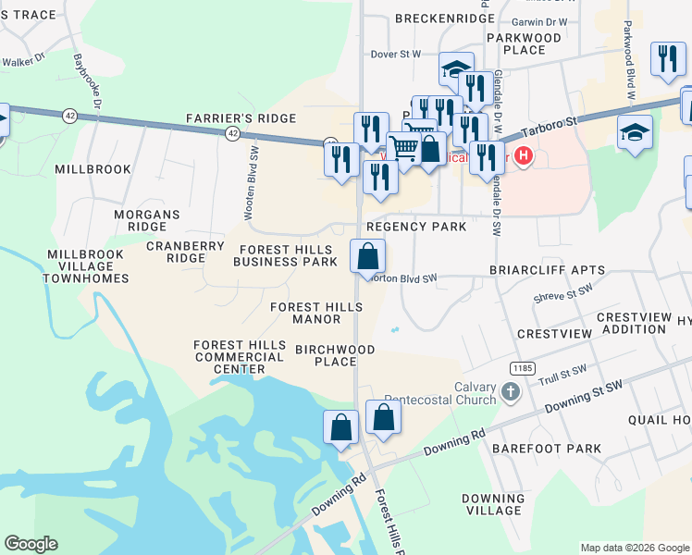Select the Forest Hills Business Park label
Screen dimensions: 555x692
pyautogui.click(x=285, y=256)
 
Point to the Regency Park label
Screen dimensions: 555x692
pyautogui.click(x=415, y=227)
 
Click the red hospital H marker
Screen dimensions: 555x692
pyautogui.click(x=524, y=155)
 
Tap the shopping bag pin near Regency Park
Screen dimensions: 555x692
pyautogui.click(x=367, y=255)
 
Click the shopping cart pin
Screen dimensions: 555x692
pyautogui.click(x=403, y=148)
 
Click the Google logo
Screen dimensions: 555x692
pyautogui.click(x=31, y=543)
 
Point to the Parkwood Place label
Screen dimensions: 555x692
pyautogui.click(x=525, y=43)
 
